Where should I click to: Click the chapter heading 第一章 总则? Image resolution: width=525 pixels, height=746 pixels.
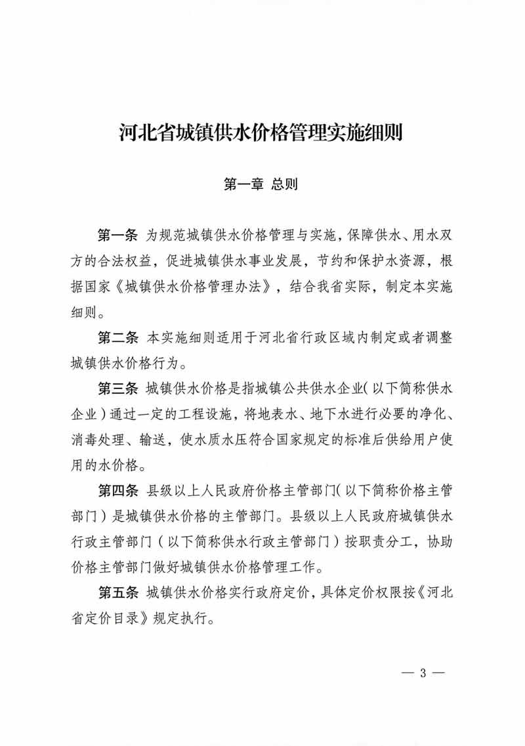click(261, 185)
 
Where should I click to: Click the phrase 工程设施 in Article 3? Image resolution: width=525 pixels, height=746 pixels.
click(203, 415)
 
